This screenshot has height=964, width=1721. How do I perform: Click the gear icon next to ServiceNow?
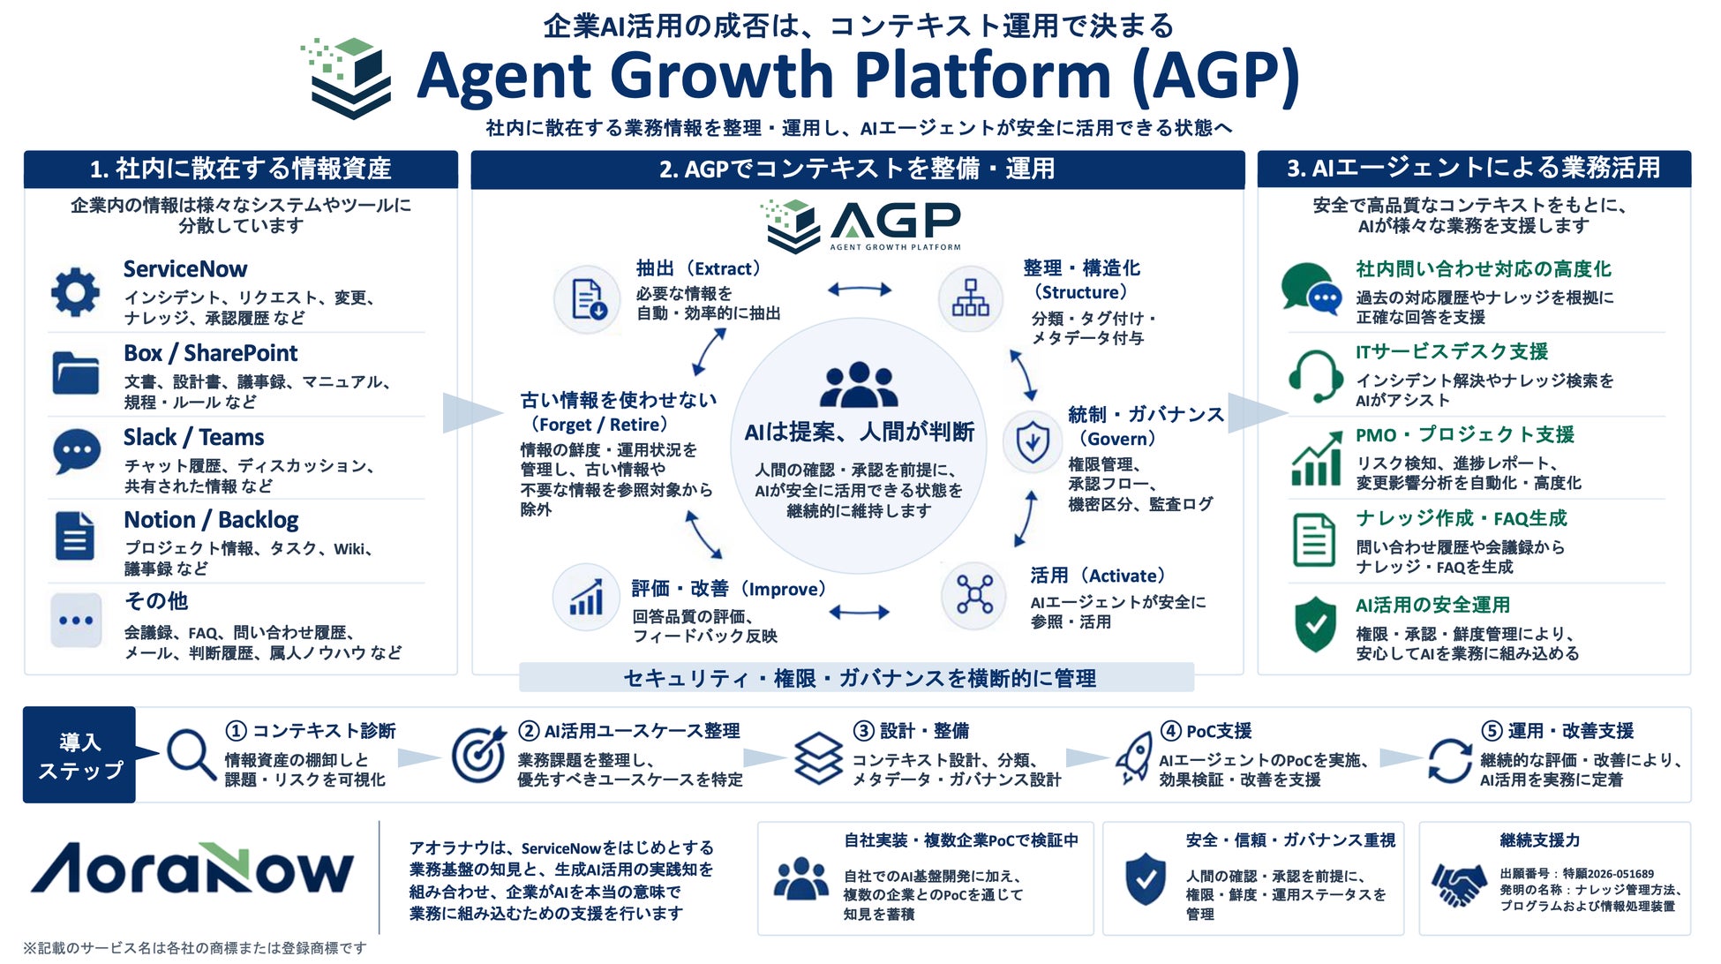coord(76,291)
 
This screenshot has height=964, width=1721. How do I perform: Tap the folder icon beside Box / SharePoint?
coord(76,373)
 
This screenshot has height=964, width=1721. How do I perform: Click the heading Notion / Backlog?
coord(211,520)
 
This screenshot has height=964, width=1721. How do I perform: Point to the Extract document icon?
coord(589,299)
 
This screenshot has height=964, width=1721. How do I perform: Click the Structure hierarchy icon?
coord(970,298)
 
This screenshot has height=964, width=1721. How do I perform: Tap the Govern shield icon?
coord(1032,441)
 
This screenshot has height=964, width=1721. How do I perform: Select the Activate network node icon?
coord(974,594)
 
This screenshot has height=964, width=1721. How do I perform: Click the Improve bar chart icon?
coord(586,597)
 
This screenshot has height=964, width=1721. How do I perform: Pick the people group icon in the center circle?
coord(858,385)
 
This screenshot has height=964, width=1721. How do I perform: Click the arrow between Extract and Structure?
coord(859,289)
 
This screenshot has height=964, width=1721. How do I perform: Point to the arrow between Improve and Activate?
coord(859,612)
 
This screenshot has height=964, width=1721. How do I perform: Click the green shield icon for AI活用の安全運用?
coord(1315,624)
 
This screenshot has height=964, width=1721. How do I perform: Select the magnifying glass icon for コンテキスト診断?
coord(192,755)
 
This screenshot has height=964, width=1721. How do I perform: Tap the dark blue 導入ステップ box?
coord(79,755)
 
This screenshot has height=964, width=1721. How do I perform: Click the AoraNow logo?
coord(192,870)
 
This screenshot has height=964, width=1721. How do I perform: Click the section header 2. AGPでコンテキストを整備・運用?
coord(857,169)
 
